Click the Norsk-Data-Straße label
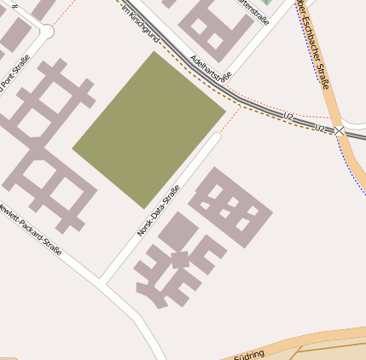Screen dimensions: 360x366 click(159, 211)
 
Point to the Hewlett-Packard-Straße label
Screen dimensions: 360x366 click(31, 229)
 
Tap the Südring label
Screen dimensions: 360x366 click(249, 353)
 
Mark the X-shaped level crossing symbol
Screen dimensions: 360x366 click(340, 131)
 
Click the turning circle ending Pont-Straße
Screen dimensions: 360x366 click(46, 32)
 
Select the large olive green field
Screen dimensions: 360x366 click(149, 128)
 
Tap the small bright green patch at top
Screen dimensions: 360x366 click(266, 3)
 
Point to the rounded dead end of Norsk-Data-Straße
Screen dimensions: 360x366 click(216, 136)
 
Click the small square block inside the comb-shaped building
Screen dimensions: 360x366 click(180, 258)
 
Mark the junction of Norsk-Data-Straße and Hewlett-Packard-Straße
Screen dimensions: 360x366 click(102, 281)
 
